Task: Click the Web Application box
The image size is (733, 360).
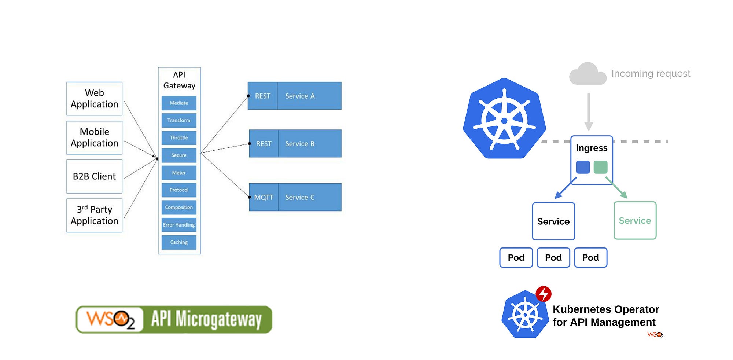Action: coord(94,99)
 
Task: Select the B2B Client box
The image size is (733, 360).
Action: coord(94,176)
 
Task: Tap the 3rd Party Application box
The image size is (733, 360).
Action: coord(94,215)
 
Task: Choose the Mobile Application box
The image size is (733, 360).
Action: coord(94,137)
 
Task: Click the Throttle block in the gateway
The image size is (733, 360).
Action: coord(179,138)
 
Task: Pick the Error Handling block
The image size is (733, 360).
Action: coord(179,225)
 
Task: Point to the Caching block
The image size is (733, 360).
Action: coord(179,242)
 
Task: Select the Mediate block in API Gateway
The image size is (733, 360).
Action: coord(179,103)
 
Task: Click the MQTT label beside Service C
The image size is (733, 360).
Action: coord(264,197)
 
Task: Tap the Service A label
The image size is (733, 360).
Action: coord(300,96)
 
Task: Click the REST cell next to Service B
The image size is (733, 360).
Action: coord(264,144)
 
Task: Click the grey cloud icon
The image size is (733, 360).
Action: coord(587,74)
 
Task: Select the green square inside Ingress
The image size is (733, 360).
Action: coord(600,167)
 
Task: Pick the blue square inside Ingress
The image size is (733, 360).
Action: coord(583,167)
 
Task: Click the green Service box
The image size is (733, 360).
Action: coord(635,221)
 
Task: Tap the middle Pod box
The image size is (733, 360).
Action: coord(553,258)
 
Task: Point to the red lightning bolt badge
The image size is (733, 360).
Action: coord(544,294)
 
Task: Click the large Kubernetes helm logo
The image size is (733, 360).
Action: coord(504,119)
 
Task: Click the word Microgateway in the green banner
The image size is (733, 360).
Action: coord(218,319)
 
